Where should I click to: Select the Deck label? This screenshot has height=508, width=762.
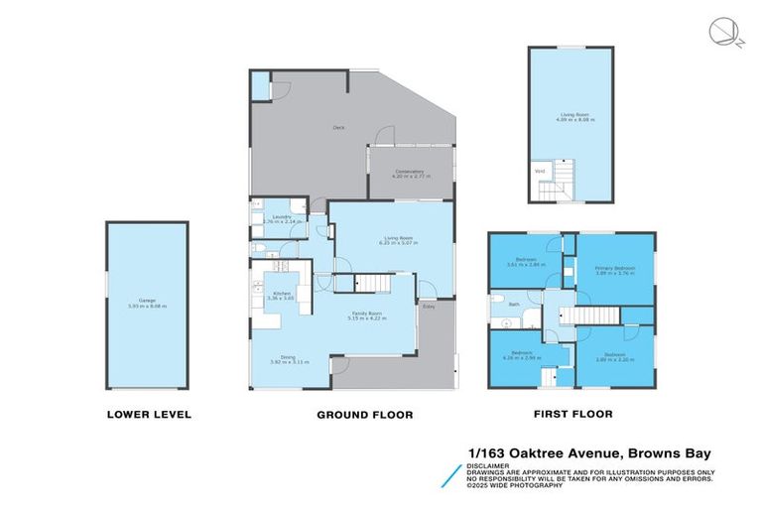[x=337, y=127]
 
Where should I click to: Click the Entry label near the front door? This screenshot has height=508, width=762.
[x=429, y=307]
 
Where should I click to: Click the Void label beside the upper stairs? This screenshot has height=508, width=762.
[x=540, y=172]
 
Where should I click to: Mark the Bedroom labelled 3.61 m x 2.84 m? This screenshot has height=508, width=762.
[x=526, y=262]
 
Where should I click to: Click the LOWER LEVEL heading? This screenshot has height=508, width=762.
[x=148, y=414]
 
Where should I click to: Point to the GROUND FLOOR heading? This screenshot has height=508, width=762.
[x=364, y=415]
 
